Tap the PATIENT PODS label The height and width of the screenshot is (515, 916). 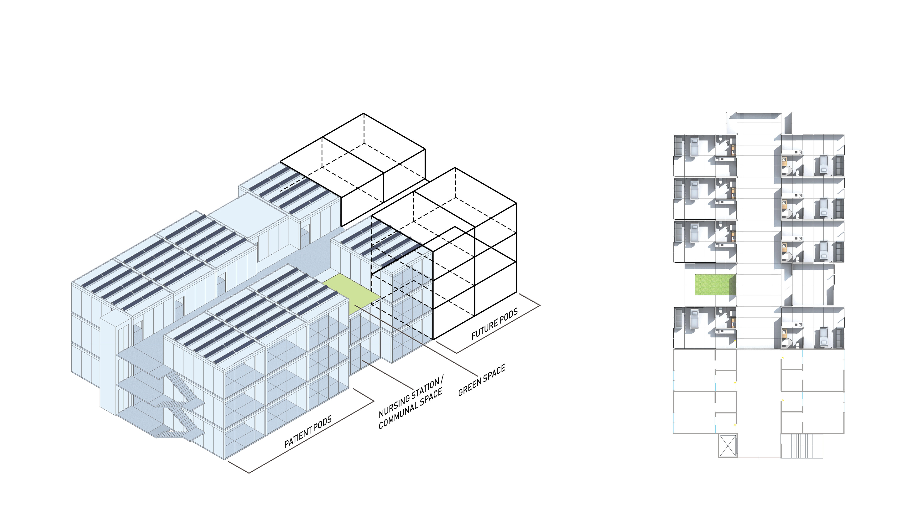coord(308,432)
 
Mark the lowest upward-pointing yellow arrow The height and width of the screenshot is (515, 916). coord(735,427)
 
